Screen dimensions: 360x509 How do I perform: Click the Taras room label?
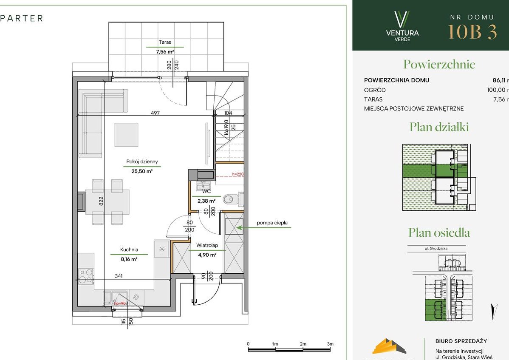click(165, 42)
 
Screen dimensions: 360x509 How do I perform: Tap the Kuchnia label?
click(129, 250)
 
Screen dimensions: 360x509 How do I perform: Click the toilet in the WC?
click(230, 198)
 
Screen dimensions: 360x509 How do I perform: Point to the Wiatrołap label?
click(207, 245)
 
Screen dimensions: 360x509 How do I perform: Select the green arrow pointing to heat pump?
click(263, 228)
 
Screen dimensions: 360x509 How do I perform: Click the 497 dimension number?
click(155, 113)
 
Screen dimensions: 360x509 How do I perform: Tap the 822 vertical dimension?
click(102, 201)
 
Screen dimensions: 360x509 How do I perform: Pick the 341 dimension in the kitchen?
click(119, 276)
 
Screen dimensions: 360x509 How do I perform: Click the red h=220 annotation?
click(238, 174)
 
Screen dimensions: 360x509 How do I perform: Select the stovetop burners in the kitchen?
click(85, 276)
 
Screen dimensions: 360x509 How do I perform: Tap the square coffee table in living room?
click(126, 135)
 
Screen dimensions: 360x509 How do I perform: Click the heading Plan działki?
click(439, 127)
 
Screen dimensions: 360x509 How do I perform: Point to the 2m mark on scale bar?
click(303, 344)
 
